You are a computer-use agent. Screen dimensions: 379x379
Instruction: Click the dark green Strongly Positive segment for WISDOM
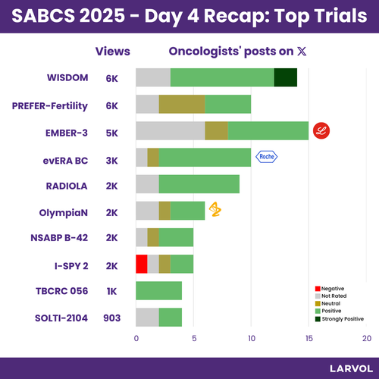(x=286, y=77)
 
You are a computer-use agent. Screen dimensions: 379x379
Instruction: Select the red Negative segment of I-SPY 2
(x=142, y=264)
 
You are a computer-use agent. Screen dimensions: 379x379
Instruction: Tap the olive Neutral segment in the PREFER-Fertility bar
(x=182, y=104)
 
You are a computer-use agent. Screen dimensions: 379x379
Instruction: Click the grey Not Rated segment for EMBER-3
(x=171, y=130)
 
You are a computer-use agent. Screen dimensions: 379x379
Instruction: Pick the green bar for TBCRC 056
(x=159, y=290)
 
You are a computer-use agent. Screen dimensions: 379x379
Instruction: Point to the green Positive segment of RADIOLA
(x=199, y=184)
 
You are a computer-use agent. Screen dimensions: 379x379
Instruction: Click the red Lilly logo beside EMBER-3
(x=321, y=130)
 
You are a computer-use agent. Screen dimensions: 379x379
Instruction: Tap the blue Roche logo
(x=267, y=157)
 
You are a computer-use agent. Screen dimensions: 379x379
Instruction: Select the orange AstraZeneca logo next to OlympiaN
(x=215, y=209)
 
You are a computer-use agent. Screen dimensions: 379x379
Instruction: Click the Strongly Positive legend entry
(x=340, y=319)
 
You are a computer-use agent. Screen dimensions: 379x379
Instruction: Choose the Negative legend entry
(x=330, y=289)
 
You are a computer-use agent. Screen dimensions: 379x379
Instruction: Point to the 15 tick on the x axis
(x=309, y=338)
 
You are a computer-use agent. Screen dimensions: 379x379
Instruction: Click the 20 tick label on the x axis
(x=367, y=338)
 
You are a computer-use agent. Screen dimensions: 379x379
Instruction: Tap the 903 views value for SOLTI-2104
(x=112, y=318)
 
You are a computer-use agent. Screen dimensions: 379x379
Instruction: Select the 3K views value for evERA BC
(x=112, y=161)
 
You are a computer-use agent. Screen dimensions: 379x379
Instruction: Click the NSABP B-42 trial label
(x=59, y=238)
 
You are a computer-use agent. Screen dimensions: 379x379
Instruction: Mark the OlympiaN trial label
(x=64, y=213)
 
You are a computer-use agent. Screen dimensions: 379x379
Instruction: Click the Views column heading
(x=113, y=52)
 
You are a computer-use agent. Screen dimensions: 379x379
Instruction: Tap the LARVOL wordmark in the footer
(x=352, y=368)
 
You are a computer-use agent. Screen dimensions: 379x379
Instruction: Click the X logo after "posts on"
(x=302, y=52)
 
